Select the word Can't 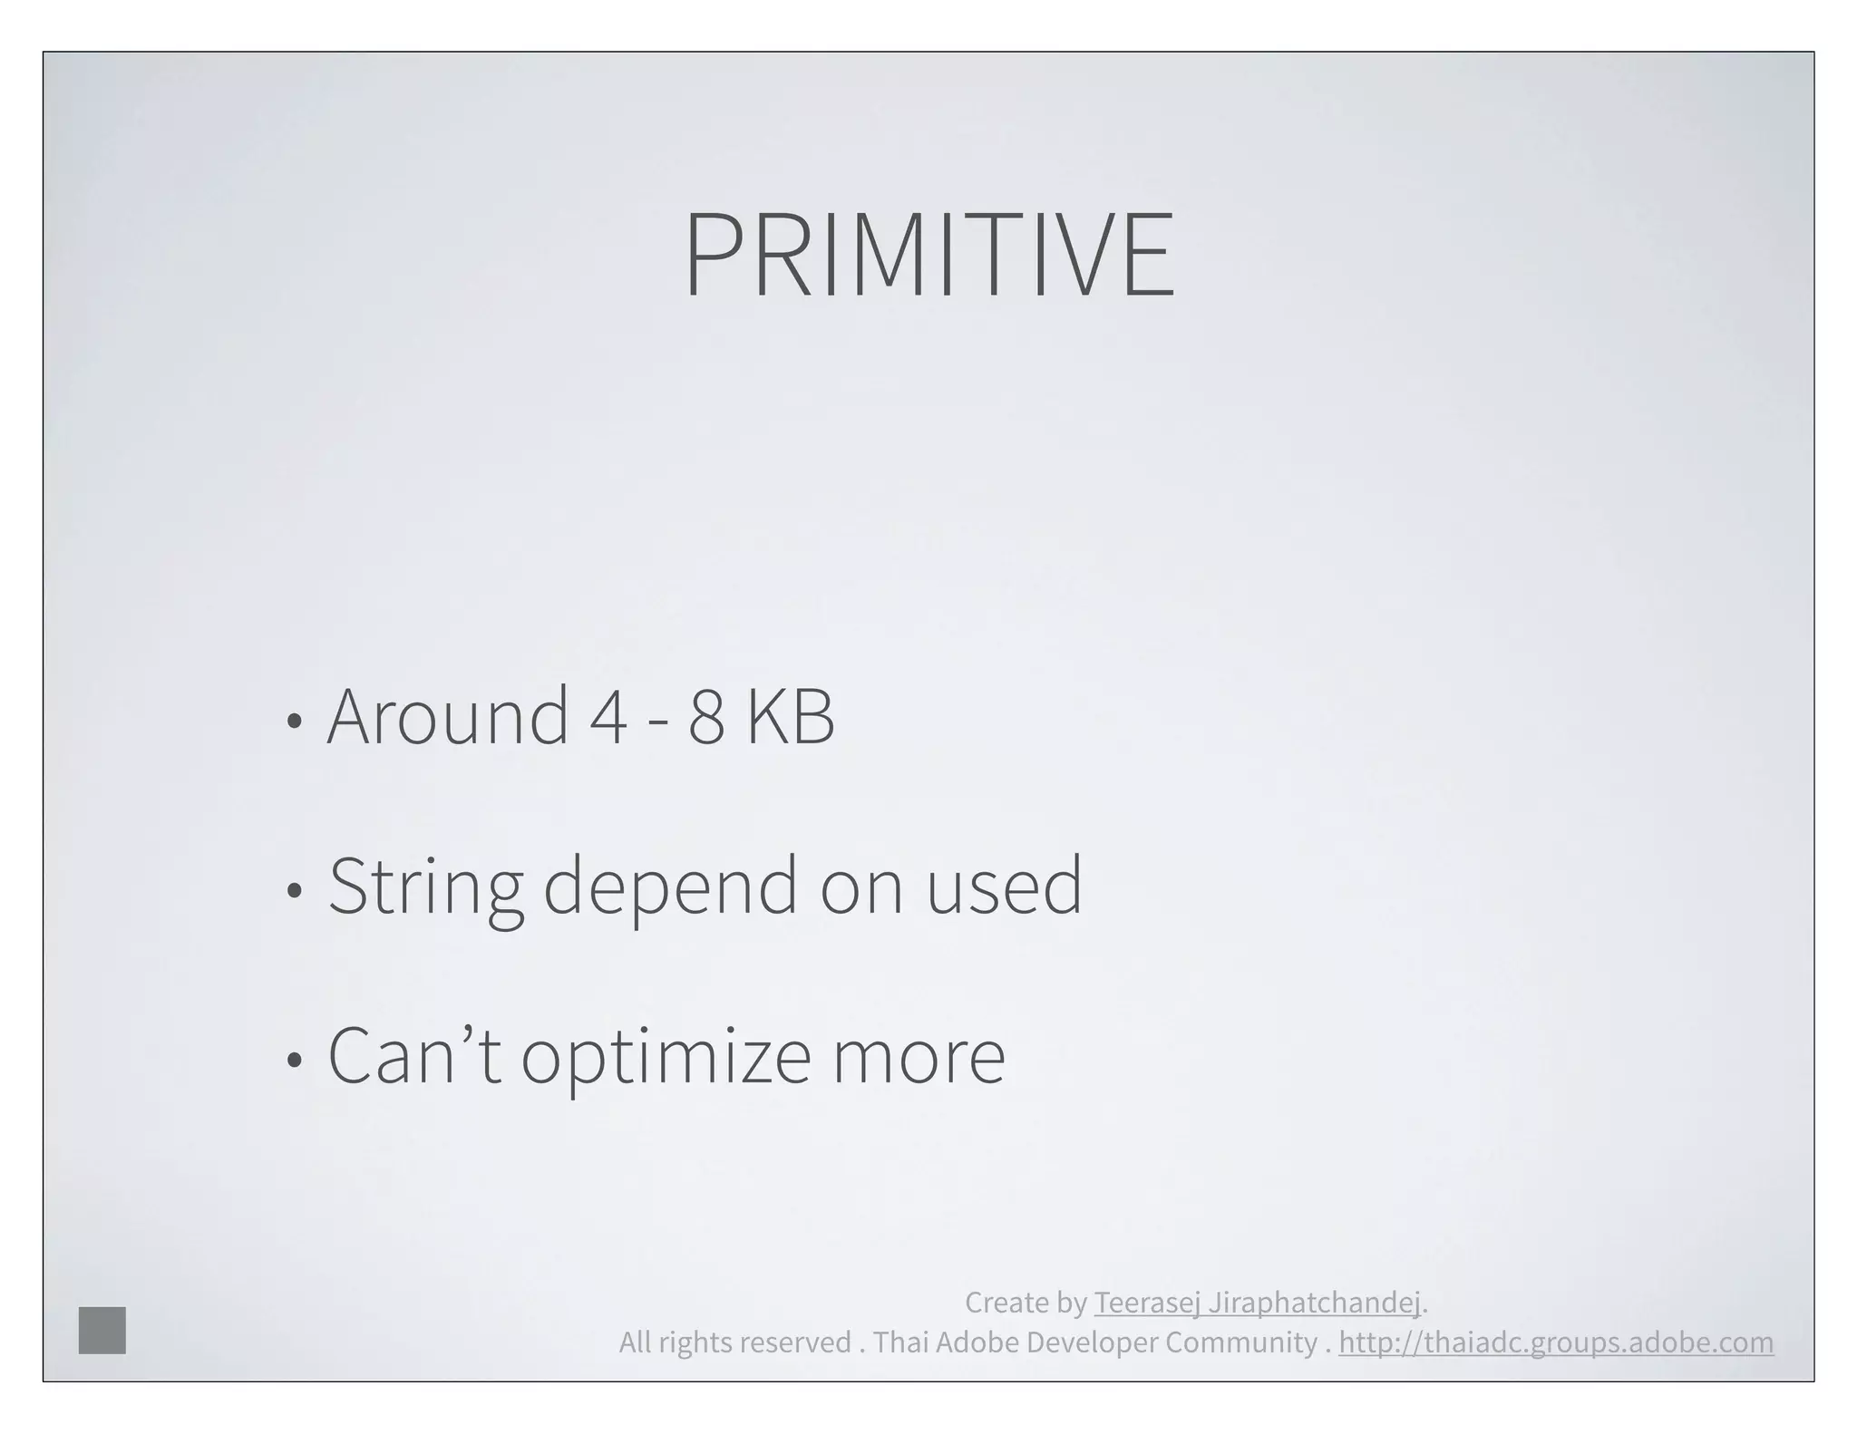[x=413, y=1057]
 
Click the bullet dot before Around [x=293, y=722]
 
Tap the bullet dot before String [x=293, y=891]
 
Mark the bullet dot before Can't [x=293, y=1060]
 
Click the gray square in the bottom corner [x=102, y=1331]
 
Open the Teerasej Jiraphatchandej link [x=1257, y=1303]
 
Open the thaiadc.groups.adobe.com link [x=1555, y=1342]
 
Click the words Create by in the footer [x=1026, y=1303]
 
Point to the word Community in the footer [x=1240, y=1342]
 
